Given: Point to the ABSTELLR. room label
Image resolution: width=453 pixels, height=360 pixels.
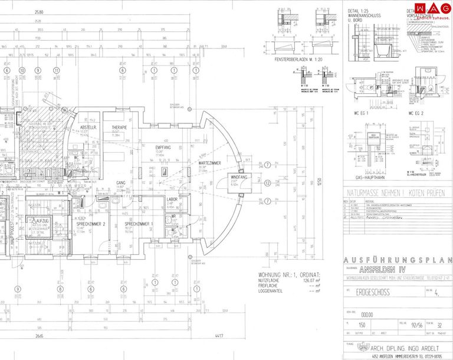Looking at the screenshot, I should pyautogui.click(x=88, y=127).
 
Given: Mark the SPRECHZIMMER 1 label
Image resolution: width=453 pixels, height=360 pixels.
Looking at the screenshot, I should pyautogui.click(x=139, y=224).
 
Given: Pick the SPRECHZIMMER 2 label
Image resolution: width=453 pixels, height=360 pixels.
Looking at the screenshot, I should pyautogui.click(x=91, y=224).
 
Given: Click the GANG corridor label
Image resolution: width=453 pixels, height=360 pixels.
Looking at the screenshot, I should pyautogui.click(x=121, y=183).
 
